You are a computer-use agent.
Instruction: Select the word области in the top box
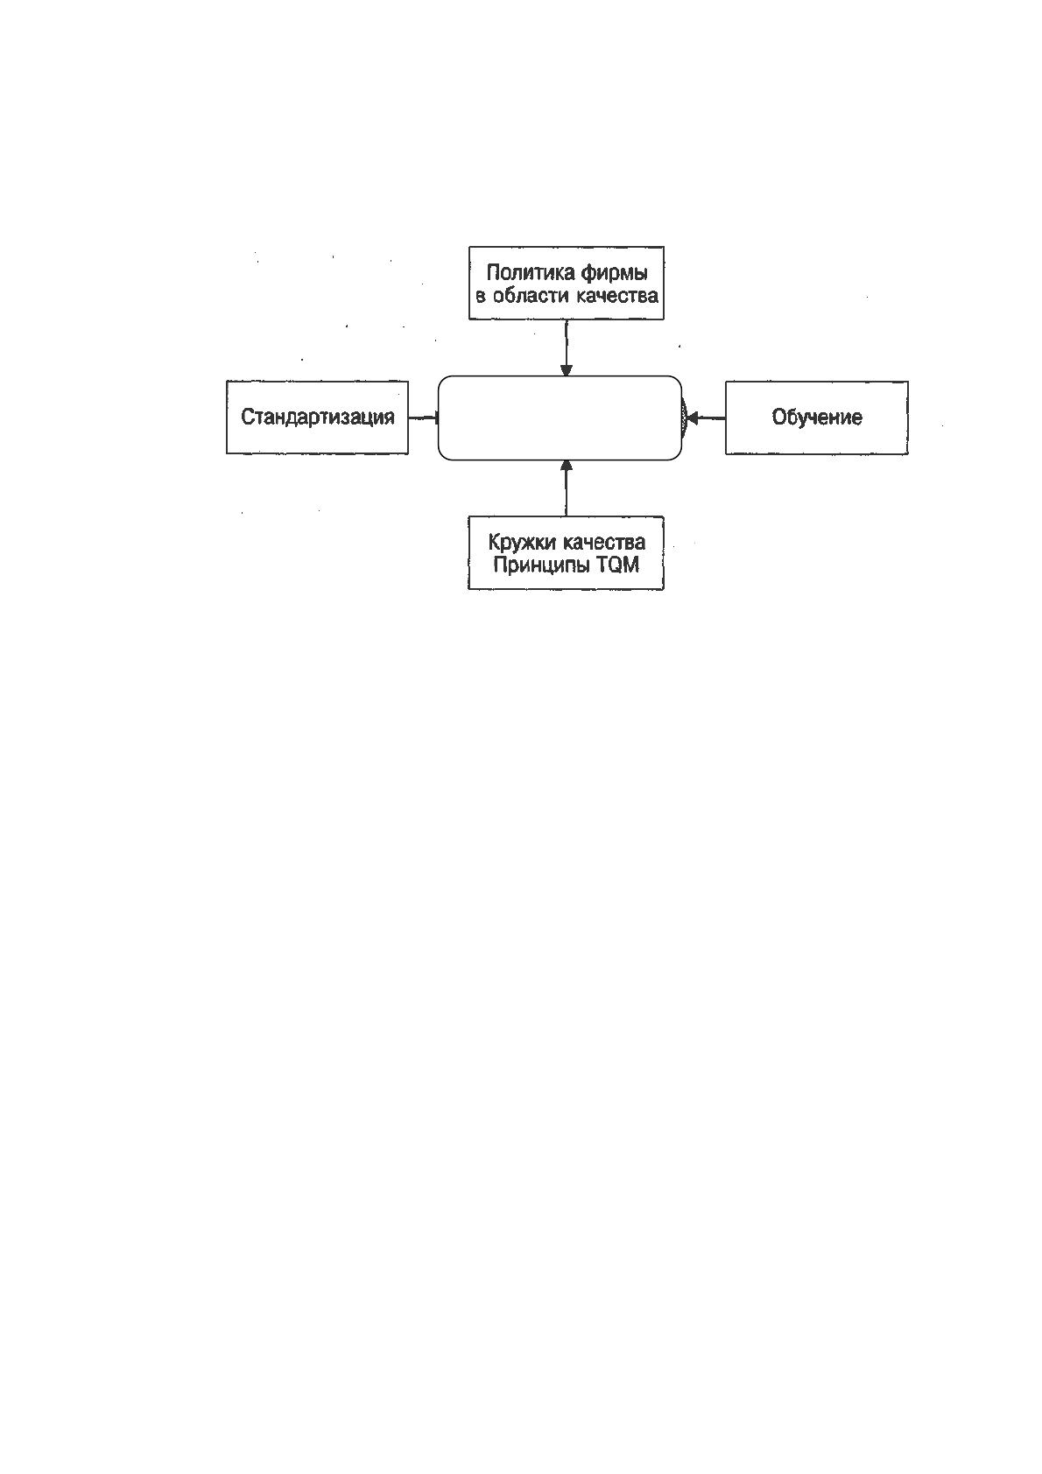click(x=531, y=296)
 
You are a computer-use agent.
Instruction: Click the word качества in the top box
click(x=616, y=296)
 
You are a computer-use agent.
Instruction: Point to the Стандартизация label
click(x=317, y=418)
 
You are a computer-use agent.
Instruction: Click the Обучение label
click(x=817, y=418)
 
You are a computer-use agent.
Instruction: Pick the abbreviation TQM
click(x=617, y=565)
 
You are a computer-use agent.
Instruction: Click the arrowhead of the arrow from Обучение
click(x=691, y=418)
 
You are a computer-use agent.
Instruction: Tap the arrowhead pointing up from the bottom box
click(x=566, y=466)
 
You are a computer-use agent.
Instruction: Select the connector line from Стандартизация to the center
click(x=423, y=418)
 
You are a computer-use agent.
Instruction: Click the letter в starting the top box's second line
click(x=481, y=297)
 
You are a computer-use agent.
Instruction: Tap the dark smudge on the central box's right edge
click(x=685, y=418)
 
